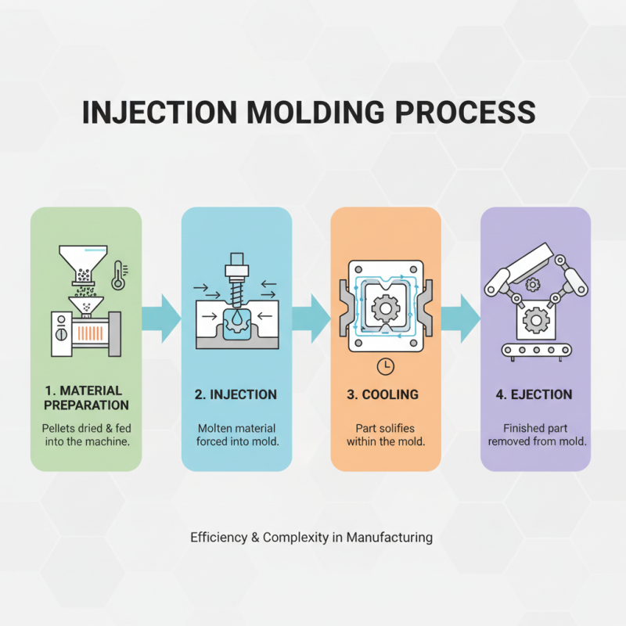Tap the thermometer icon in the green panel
click(x=118, y=275)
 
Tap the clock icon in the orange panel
click(x=384, y=365)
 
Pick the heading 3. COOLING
click(x=383, y=394)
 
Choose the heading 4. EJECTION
click(x=534, y=394)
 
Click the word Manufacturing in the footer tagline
click(x=389, y=538)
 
